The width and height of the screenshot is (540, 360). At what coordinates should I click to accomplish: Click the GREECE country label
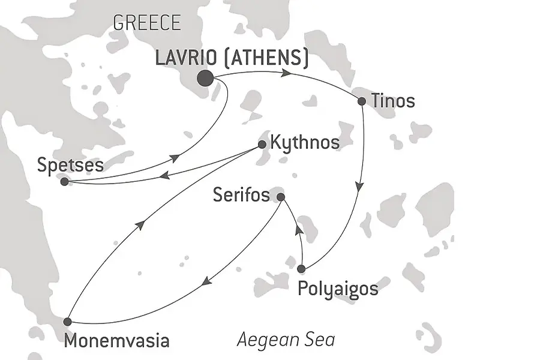tap(146, 23)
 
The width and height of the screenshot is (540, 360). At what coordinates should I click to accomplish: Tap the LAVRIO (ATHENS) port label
tap(232, 58)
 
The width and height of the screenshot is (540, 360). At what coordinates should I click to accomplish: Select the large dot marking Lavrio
tap(205, 78)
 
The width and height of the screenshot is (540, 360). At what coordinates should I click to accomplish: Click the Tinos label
tap(393, 101)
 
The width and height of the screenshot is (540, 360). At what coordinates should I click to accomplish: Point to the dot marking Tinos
tap(362, 101)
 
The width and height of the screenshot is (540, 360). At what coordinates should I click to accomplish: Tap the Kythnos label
tap(305, 143)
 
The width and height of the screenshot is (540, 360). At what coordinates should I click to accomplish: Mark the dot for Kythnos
tap(262, 144)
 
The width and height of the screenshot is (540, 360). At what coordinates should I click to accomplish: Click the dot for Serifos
tap(280, 196)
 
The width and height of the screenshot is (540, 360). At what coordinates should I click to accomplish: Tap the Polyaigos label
tap(338, 289)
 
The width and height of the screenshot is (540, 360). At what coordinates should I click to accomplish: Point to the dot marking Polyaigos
tap(301, 268)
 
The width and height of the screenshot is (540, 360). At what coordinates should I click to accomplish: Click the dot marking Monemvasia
tap(67, 322)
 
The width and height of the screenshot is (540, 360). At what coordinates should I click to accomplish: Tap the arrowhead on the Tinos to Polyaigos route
tap(359, 187)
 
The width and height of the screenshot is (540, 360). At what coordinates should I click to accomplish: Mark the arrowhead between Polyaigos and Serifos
tap(297, 232)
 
